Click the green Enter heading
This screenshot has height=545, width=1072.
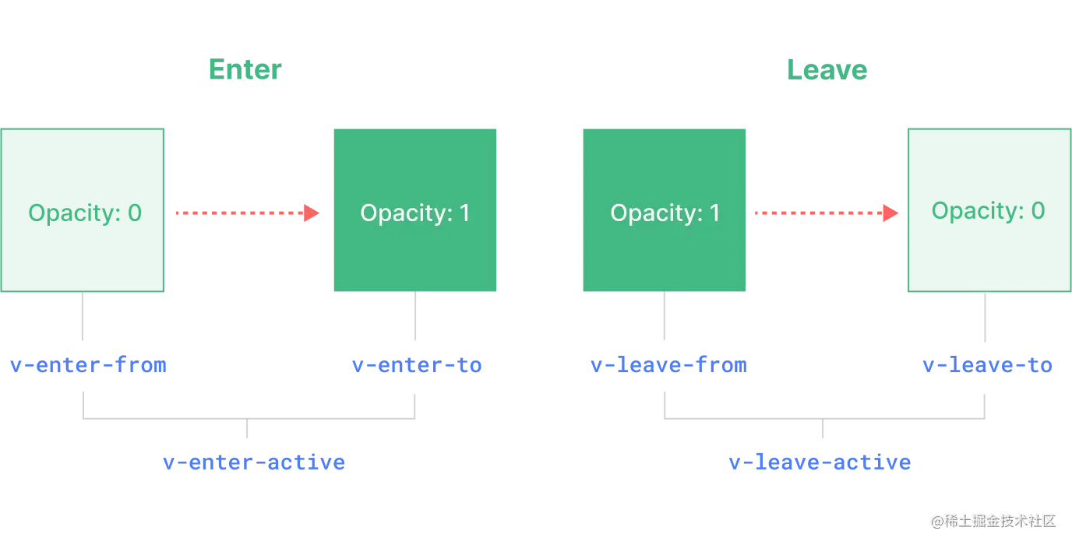(x=245, y=69)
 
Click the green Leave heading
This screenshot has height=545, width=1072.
(x=826, y=69)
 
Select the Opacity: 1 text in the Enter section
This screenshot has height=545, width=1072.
(x=414, y=213)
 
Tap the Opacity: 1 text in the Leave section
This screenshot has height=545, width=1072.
(x=665, y=213)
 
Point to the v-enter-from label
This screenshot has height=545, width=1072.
(x=87, y=364)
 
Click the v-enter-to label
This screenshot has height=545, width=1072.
(x=416, y=364)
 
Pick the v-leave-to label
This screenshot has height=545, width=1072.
(x=986, y=364)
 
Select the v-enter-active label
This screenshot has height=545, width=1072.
(x=254, y=462)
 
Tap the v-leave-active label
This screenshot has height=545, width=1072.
(x=820, y=462)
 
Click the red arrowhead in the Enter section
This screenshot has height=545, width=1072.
(x=311, y=212)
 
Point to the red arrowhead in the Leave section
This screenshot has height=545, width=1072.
(x=888, y=212)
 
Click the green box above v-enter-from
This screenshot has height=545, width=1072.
(x=83, y=209)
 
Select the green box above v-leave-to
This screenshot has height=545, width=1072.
(x=988, y=209)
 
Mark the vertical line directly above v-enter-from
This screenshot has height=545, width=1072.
(x=83, y=318)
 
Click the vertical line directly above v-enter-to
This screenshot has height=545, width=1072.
(x=414, y=318)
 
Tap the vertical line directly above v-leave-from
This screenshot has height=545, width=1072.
(x=664, y=318)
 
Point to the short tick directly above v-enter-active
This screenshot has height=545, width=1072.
(x=246, y=432)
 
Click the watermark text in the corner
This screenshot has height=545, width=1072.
(x=993, y=519)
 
